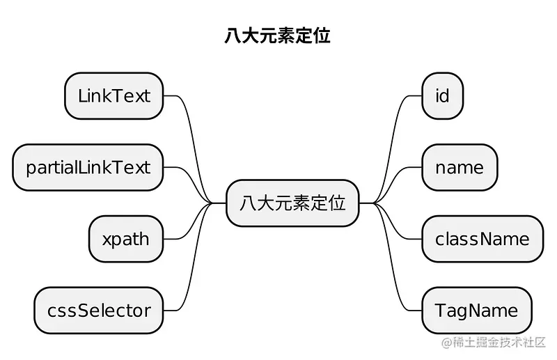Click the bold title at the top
pos(277,36)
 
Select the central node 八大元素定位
pos(292,203)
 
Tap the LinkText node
pos(113,96)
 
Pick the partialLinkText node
pos(88,168)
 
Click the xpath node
pos(125,240)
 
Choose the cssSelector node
pos(98,310)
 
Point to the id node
pos(442,96)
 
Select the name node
pos(459,168)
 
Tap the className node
pos(482,240)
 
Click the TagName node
pos(476,310)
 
